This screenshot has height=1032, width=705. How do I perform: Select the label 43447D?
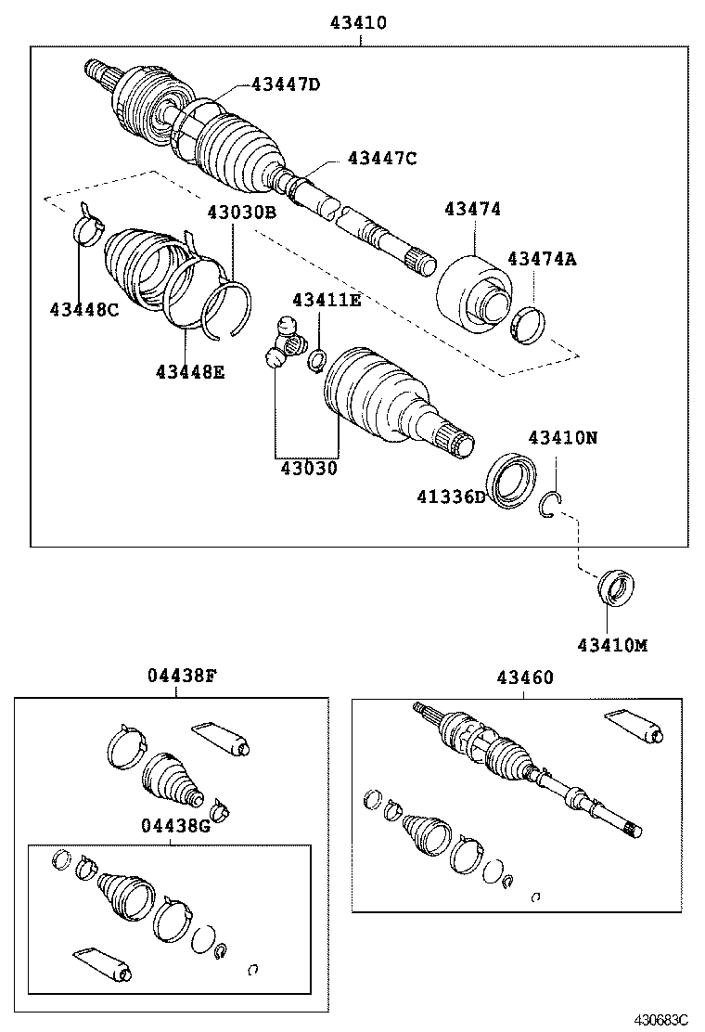coord(285,85)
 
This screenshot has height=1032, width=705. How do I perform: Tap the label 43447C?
coord(382,159)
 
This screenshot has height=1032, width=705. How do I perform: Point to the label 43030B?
coord(242,213)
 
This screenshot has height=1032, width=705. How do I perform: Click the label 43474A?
coord(542,260)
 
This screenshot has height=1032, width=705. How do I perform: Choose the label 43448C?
coord(84,310)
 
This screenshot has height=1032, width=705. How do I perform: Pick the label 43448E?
coord(190,372)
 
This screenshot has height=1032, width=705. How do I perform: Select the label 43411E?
coord(327,301)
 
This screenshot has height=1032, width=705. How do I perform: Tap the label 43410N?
coord(563,438)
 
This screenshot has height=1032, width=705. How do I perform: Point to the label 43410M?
coord(612,644)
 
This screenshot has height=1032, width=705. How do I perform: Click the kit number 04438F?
coord(182,677)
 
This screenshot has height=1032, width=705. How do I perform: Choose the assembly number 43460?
coord(524,678)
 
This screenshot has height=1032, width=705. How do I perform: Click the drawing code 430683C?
coord(660,1019)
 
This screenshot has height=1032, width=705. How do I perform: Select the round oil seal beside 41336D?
coord(511,481)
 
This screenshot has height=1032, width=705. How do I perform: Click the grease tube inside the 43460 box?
coord(633,725)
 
